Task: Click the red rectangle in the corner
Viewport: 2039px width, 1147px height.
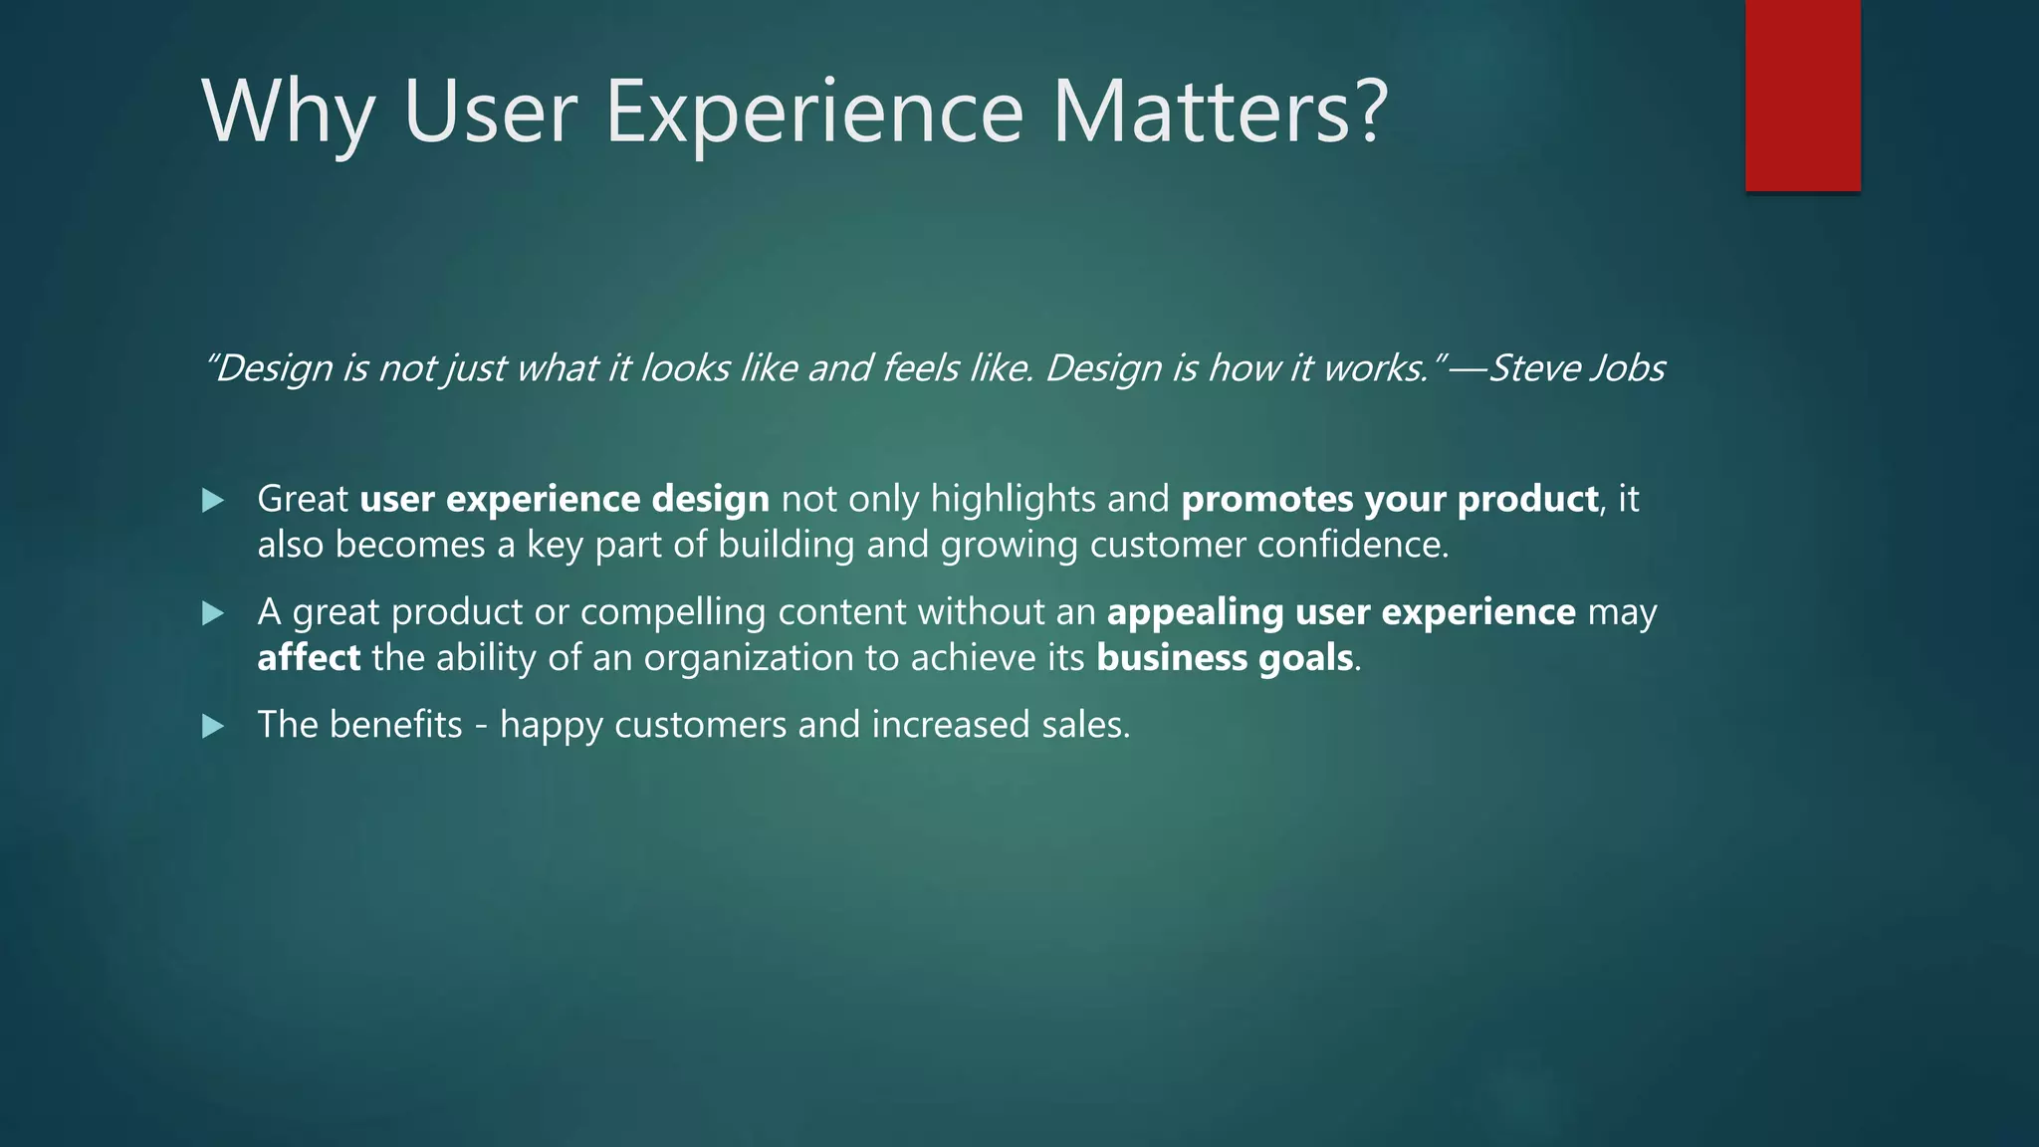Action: pos(1802,96)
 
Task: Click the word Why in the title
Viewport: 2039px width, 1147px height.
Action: pos(288,112)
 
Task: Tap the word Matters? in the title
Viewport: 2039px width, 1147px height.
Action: pos(1219,112)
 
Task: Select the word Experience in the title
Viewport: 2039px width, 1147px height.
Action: pos(813,112)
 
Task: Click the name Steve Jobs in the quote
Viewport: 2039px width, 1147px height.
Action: pos(1575,368)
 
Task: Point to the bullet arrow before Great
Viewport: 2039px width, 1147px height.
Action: pos(213,500)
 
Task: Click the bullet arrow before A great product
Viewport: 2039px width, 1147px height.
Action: pos(213,613)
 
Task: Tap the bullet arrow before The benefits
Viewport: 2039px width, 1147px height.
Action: pos(213,727)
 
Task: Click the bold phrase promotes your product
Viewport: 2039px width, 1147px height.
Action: pos(1389,499)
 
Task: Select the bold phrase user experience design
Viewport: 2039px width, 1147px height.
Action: pos(564,499)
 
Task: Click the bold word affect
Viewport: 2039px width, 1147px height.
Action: pos(309,658)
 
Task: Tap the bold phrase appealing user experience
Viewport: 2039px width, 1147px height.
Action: pos(1340,611)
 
